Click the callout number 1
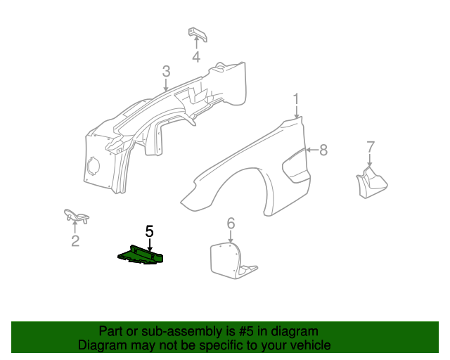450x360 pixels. (297, 98)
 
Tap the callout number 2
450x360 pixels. (75, 241)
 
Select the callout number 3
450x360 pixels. (166, 71)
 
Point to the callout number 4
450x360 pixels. (196, 57)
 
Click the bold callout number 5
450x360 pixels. (149, 231)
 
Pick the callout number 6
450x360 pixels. (230, 224)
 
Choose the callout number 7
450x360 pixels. (371, 146)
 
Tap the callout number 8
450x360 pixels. (323, 149)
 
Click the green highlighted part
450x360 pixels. (141, 255)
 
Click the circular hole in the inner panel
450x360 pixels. (92, 167)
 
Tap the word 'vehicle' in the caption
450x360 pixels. (309, 345)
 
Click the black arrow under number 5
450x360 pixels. (149, 243)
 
